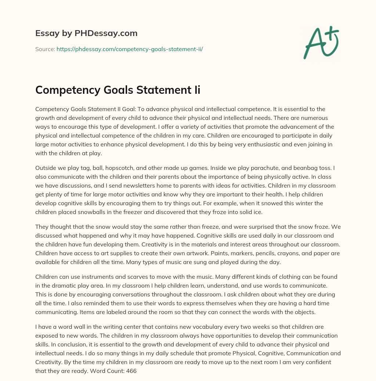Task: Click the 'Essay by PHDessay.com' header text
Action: [x=86, y=33]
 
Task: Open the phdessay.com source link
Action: [x=130, y=49]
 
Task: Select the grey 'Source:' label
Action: [x=45, y=49]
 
